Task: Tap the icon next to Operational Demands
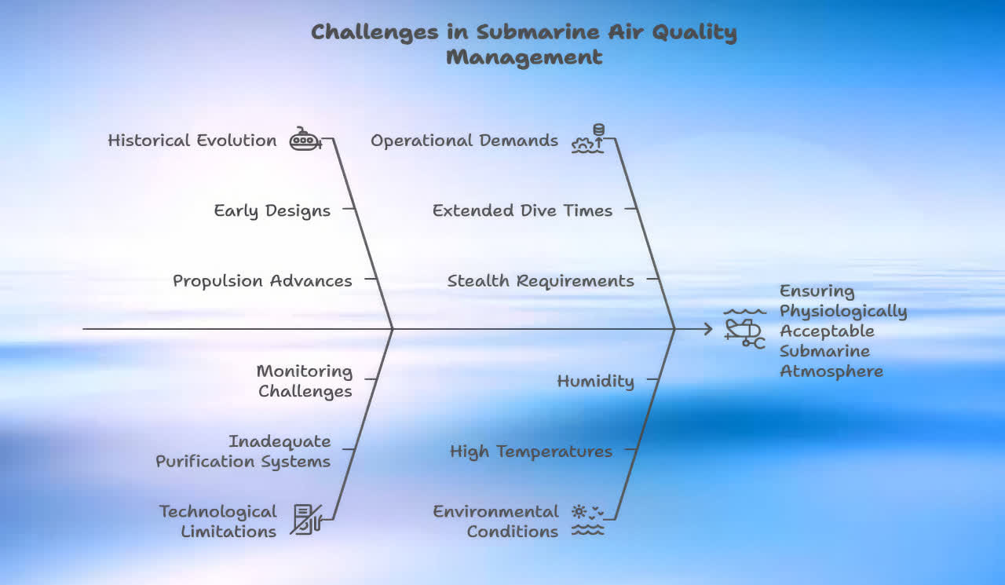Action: [x=588, y=139]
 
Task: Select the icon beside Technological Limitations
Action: [x=306, y=519]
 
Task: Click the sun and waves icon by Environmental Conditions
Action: [x=588, y=521]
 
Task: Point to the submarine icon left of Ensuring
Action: [x=744, y=329]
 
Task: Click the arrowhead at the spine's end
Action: [x=708, y=329]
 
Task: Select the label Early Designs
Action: [x=272, y=211]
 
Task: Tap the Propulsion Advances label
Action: [x=262, y=281]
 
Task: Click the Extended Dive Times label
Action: [x=522, y=210]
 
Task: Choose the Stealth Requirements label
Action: [x=541, y=281]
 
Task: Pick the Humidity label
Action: [x=595, y=382]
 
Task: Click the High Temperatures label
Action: [x=532, y=452]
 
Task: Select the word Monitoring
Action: [x=305, y=371]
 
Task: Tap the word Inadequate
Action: [x=280, y=442]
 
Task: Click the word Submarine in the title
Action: [x=538, y=32]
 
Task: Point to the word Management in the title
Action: [x=524, y=57]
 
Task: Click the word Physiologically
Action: [x=843, y=311]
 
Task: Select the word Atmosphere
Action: [x=831, y=371]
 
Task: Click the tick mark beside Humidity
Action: [x=652, y=379]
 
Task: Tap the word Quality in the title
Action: [x=695, y=33]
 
